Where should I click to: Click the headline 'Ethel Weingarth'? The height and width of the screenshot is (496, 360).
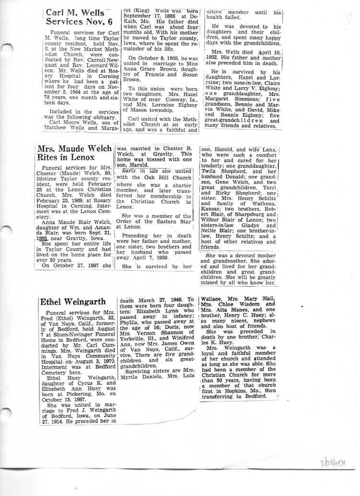coord(70,302)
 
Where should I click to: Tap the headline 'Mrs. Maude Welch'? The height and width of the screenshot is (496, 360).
coord(75,149)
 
